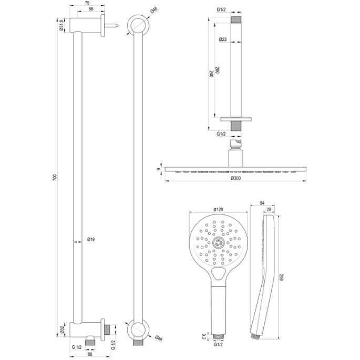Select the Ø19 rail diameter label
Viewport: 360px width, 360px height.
tap(91, 240)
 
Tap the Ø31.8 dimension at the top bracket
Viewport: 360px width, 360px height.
tap(63, 25)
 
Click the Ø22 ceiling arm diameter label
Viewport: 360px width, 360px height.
tap(223, 40)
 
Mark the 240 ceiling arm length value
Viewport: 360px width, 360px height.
tap(212, 74)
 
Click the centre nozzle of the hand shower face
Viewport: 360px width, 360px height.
tap(218, 243)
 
